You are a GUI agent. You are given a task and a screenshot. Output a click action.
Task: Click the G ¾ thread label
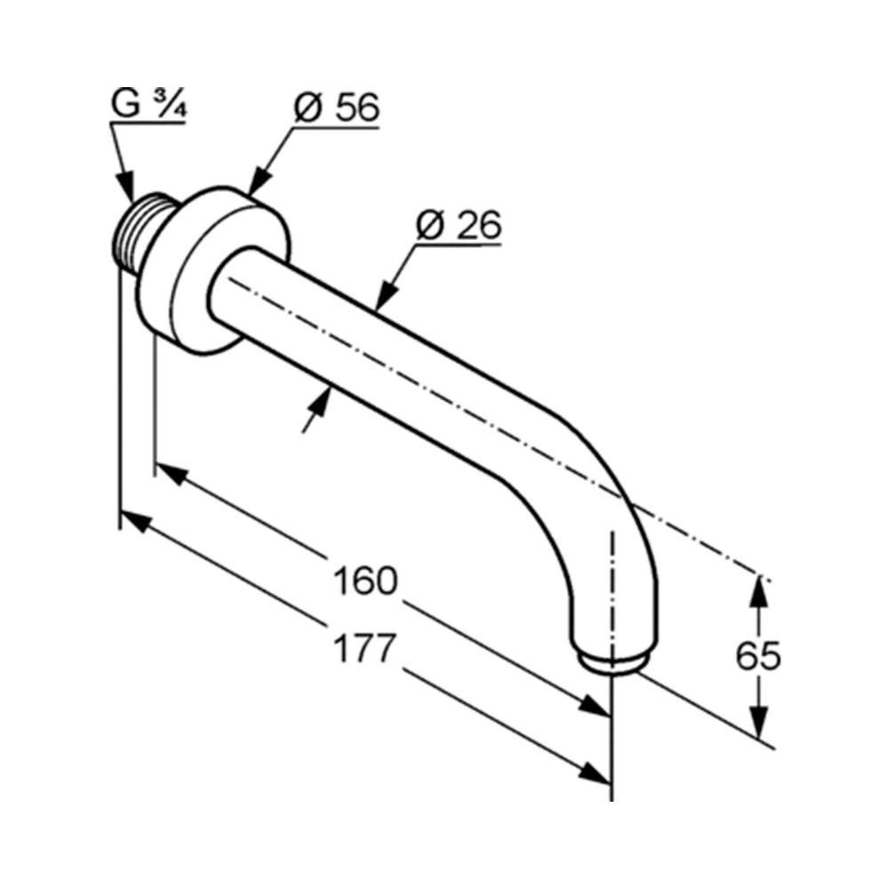click(x=148, y=104)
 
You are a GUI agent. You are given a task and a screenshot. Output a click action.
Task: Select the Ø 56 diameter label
click(x=336, y=108)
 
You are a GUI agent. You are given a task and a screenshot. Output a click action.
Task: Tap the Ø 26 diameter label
click(x=459, y=225)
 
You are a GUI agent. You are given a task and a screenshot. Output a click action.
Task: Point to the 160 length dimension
click(x=365, y=581)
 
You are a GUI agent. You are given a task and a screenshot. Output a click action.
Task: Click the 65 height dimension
click(x=758, y=655)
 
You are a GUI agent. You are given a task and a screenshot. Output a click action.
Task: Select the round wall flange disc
click(x=215, y=271)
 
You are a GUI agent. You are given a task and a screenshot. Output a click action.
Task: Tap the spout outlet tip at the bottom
click(x=613, y=662)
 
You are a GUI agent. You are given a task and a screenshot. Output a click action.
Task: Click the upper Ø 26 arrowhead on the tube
click(x=386, y=295)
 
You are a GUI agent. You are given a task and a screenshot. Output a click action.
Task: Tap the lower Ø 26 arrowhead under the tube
click(x=320, y=403)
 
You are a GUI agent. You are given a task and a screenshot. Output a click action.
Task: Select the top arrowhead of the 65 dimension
click(x=759, y=591)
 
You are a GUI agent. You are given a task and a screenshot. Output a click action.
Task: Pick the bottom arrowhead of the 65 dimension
click(x=759, y=721)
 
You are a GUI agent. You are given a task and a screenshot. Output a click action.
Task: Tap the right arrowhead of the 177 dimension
click(x=595, y=773)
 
